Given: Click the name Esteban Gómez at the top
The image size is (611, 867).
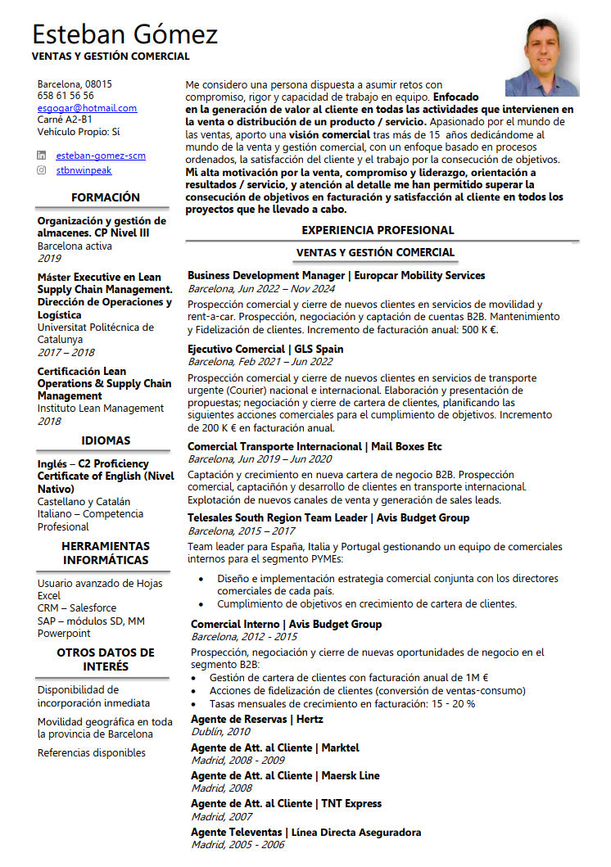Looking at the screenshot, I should click(x=124, y=34).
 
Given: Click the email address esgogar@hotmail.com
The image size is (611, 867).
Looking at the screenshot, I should click(x=87, y=108).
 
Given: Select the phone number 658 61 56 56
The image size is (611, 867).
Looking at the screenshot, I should click(x=66, y=96).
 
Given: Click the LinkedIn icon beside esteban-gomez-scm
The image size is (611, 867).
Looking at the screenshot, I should click(x=42, y=156).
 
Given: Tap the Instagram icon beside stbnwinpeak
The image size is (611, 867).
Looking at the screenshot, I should click(x=42, y=170).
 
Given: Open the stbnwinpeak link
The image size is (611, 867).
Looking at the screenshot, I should click(x=84, y=170).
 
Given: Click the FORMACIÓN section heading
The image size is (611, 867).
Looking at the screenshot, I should click(x=105, y=197).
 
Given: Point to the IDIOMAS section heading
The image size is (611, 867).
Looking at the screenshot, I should click(x=106, y=441).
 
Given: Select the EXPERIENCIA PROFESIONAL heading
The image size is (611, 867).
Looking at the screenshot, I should click(x=378, y=230).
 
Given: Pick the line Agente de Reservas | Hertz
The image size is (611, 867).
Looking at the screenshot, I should click(x=256, y=720).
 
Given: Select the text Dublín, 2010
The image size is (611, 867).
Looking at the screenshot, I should click(x=220, y=732).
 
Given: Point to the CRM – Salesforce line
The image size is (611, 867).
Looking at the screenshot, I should click(x=77, y=608).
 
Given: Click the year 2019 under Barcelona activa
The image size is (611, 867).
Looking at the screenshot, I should click(x=49, y=258).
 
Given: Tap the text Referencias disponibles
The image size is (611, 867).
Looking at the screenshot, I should click(x=92, y=753).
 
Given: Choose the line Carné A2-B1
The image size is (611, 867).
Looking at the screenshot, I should click(x=64, y=120).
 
